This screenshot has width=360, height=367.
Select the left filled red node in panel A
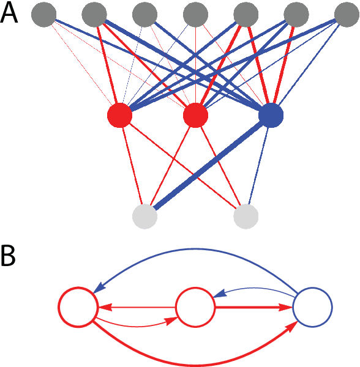point(119,115)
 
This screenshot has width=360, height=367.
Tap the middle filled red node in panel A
point(195,115)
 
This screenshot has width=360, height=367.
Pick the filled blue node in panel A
point(271,115)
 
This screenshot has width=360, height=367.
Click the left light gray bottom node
point(144,216)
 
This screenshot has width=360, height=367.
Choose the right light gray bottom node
point(246,216)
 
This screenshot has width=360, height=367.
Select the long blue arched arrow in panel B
point(196,250)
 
